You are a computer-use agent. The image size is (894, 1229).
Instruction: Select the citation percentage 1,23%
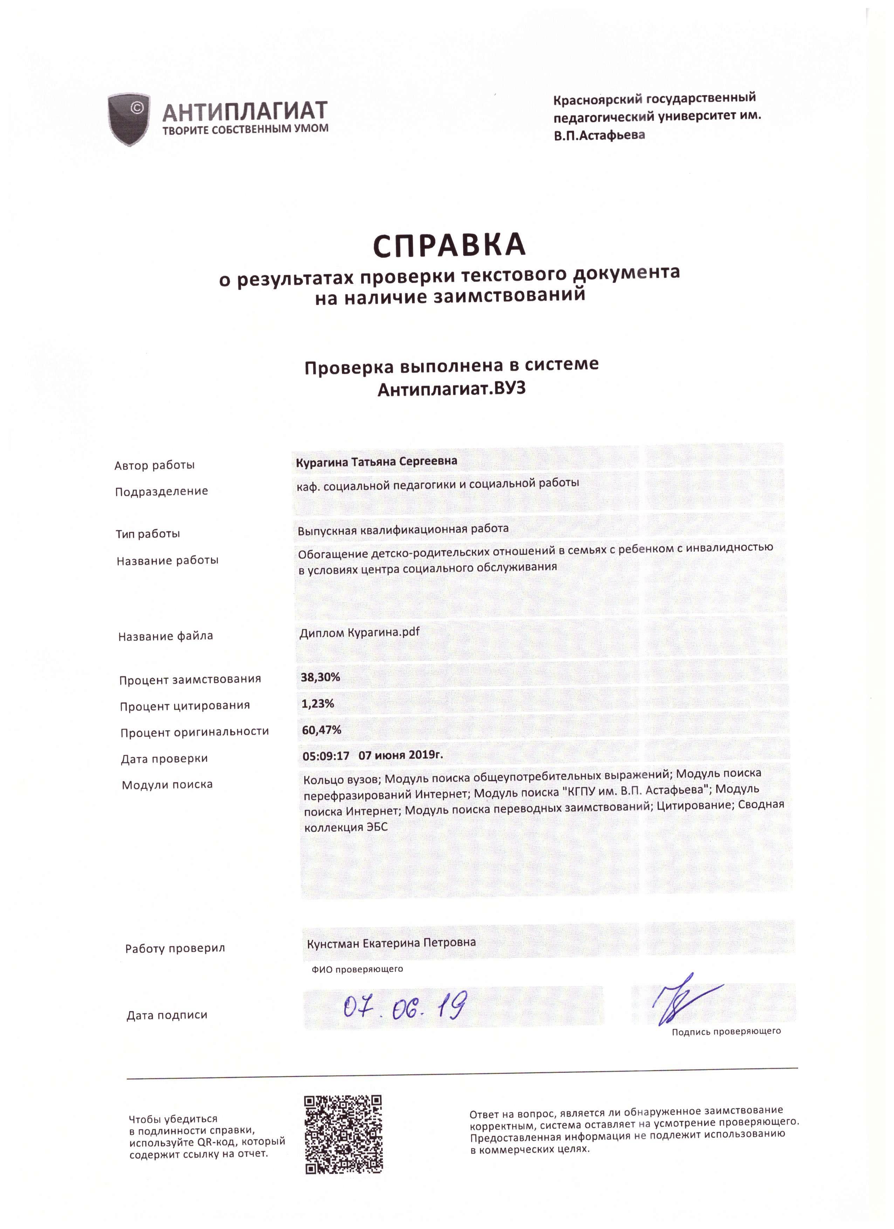point(318,703)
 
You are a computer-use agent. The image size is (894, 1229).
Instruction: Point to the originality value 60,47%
point(322,730)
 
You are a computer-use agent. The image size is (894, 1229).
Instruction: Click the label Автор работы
point(154,465)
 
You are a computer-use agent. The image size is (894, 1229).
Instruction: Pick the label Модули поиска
point(167,785)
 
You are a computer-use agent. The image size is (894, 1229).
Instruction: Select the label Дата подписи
point(167,1015)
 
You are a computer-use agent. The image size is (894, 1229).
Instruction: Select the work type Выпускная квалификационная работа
point(403,529)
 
